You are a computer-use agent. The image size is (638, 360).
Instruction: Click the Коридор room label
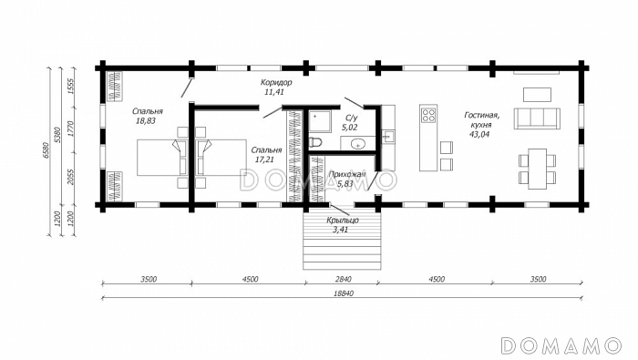coord(276,83)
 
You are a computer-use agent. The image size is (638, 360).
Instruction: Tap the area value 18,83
coord(147,121)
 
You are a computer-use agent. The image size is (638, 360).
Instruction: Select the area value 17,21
coord(264,159)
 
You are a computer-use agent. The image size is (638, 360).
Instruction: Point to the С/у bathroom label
coord(352,118)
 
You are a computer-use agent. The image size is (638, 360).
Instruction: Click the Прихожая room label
coord(346,174)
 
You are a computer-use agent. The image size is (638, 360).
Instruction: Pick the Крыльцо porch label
coord(343,221)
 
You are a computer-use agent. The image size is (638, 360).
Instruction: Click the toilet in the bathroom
coord(315,142)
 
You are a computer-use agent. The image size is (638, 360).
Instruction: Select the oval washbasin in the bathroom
coord(358,144)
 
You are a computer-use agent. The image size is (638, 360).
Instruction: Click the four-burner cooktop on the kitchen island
coord(428,115)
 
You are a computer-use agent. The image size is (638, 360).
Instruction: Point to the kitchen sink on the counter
coord(387,137)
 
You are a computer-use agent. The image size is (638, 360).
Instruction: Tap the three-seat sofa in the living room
coord(537,118)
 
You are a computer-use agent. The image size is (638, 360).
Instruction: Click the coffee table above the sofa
coord(537,95)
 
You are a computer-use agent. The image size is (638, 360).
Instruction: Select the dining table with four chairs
coord(537,169)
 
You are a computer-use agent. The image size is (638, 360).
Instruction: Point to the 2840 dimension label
coord(344,279)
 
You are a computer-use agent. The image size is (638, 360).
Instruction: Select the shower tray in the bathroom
coord(321,121)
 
